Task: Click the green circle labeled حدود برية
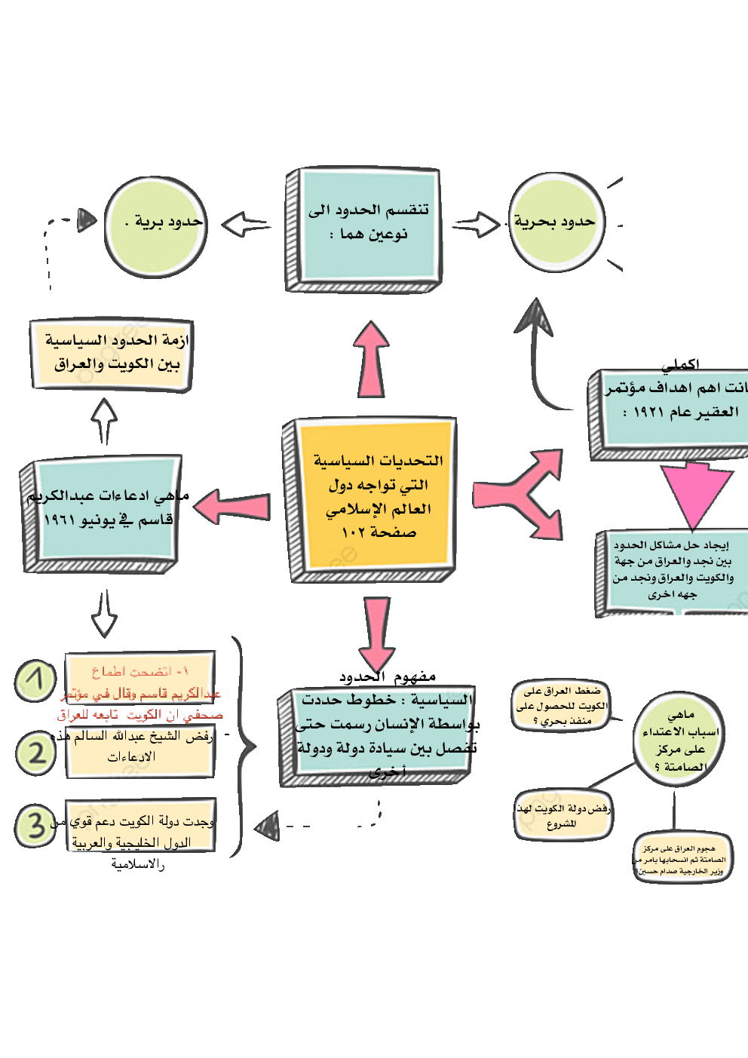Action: point(155,227)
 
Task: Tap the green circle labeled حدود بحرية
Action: point(556,222)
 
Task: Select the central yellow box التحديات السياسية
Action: point(375,497)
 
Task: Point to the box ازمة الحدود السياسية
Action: point(112,352)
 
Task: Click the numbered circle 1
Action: point(35,681)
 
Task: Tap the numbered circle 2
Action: point(35,753)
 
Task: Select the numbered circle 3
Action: point(34,825)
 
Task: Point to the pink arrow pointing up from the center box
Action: point(371,360)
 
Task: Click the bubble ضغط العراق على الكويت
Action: point(562,705)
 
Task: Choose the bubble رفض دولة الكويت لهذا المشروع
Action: point(563,815)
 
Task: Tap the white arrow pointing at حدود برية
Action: point(246,224)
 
